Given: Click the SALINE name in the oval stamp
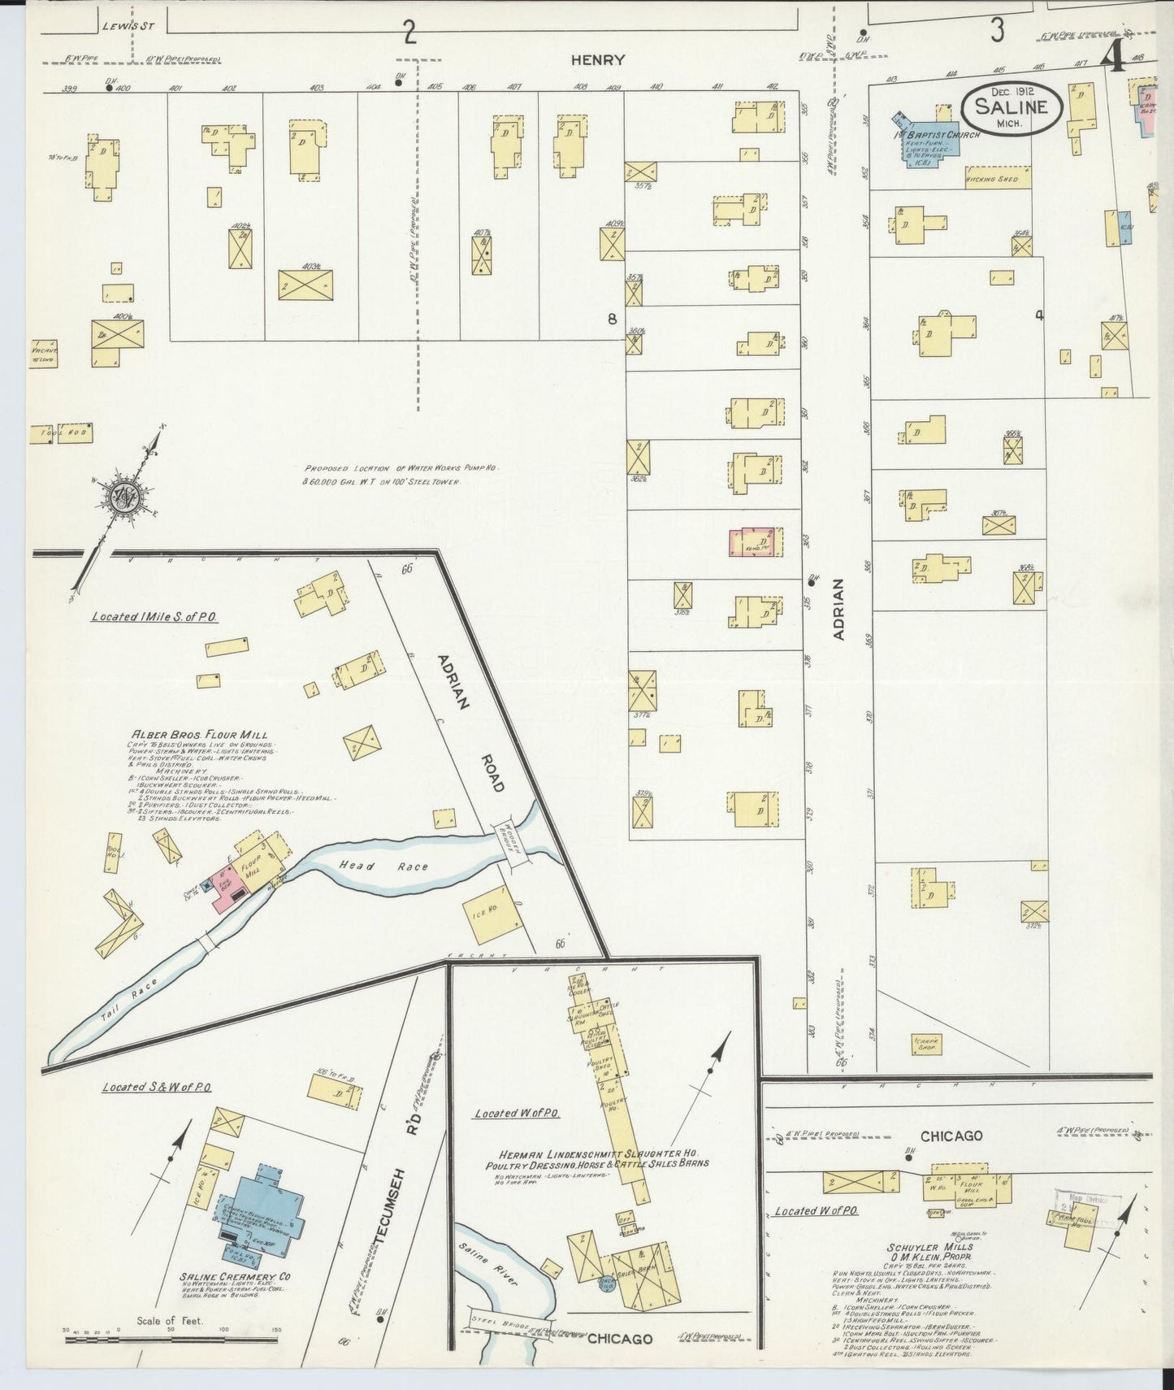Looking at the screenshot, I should pyautogui.click(x=1012, y=106).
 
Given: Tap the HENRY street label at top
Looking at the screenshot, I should pyautogui.click(x=597, y=59).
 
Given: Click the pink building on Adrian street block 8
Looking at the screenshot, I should pyautogui.click(x=756, y=542).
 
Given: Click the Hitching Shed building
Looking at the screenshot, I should pyautogui.click(x=997, y=178).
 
